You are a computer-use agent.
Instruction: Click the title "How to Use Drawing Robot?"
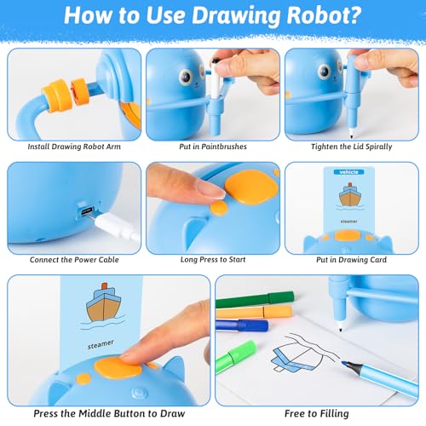[x=213, y=18]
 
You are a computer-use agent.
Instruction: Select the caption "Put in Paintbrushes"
[x=212, y=147]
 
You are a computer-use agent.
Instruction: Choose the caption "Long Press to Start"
[x=212, y=260]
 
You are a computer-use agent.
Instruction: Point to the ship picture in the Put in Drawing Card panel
[x=350, y=196]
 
